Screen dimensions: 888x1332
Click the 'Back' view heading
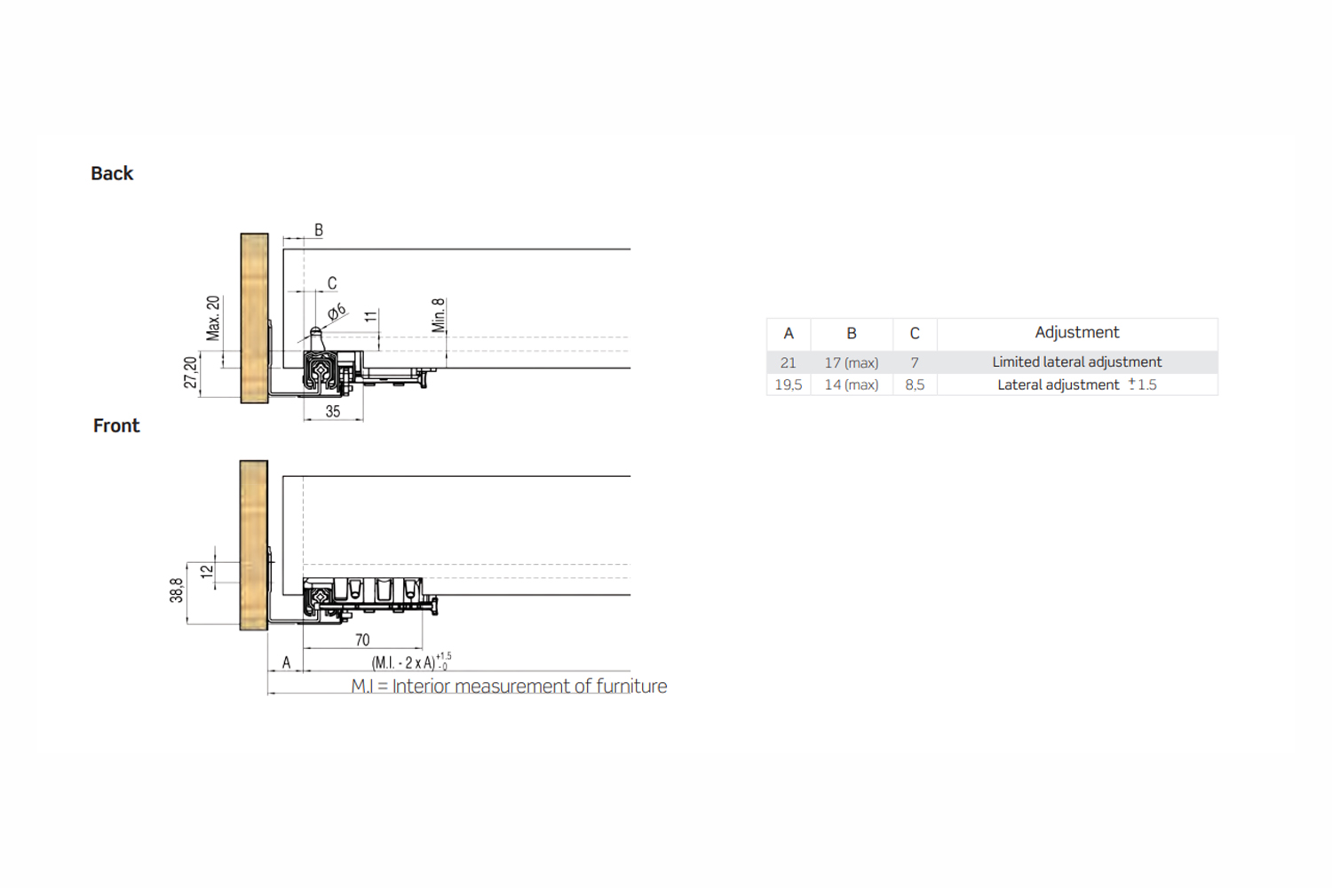tap(112, 173)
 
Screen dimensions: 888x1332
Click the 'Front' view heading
tap(116, 425)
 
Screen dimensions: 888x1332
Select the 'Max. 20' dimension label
tap(213, 318)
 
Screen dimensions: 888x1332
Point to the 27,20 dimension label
tap(190, 372)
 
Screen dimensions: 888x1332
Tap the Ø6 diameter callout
tap(336, 312)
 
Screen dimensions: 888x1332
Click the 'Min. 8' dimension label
tap(438, 315)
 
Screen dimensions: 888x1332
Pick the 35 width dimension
tap(333, 411)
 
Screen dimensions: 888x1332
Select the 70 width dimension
tap(362, 639)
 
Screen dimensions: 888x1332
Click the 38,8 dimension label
tap(176, 591)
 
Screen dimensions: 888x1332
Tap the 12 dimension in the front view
tap(207, 572)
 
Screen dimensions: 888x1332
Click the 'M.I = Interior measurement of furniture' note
tap(509, 686)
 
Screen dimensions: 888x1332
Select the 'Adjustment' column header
tap(1076, 332)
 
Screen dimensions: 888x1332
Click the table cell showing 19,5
tap(788, 385)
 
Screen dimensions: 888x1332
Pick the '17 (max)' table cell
tap(851, 362)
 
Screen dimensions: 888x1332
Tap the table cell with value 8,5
tap(915, 385)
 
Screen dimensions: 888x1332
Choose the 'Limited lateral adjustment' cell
tap(1076, 362)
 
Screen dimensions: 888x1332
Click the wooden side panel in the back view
tap(254, 318)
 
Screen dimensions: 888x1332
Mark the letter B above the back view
tap(319, 230)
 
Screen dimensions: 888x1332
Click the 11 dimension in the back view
tap(370, 316)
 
